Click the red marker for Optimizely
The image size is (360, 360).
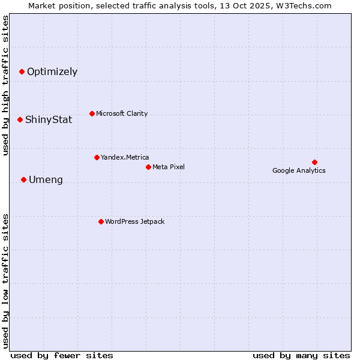click(22, 71)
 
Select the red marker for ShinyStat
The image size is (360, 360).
click(20, 119)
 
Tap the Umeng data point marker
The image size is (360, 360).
click(23, 179)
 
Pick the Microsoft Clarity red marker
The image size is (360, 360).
click(92, 113)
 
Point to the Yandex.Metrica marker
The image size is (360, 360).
click(97, 157)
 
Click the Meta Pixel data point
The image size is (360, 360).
click(148, 167)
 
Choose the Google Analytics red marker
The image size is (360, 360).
click(314, 162)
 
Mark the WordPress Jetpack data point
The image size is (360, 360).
click(101, 221)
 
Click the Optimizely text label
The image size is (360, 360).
click(52, 72)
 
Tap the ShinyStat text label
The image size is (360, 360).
click(49, 120)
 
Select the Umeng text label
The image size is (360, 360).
click(46, 180)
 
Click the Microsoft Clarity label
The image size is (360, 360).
click(122, 114)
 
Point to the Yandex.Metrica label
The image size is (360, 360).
click(125, 158)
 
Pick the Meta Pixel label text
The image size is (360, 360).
click(169, 167)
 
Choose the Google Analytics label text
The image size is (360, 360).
click(299, 171)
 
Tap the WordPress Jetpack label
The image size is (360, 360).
click(134, 222)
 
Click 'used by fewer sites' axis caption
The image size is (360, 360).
click(62, 355)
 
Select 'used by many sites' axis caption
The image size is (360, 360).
click(301, 355)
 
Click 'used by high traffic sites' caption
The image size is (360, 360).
click(6, 85)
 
